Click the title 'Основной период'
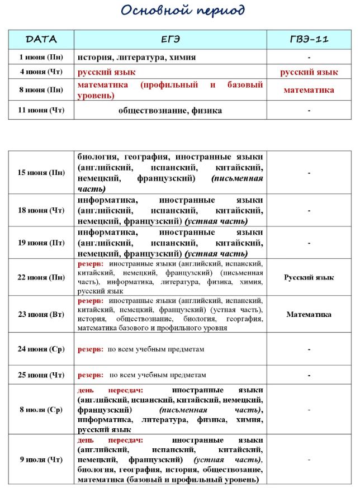coord(183,11)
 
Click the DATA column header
coord(41,39)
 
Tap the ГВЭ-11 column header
coord(309,39)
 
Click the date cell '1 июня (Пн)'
coord(41,56)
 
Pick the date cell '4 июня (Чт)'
coord(41,72)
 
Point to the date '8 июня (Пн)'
coord(41,89)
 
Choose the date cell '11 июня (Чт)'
coord(41,110)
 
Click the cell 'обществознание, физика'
coord(170,110)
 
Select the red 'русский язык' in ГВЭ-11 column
coord(309,72)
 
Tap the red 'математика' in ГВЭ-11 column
coord(309,89)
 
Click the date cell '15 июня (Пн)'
coord(41,172)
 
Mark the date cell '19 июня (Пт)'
coord(41,243)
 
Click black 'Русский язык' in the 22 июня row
coord(309,277)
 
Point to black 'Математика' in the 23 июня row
coord(309,314)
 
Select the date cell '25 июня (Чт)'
coord(41,375)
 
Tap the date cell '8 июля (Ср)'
coord(41,409)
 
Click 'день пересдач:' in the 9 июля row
coord(110,440)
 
